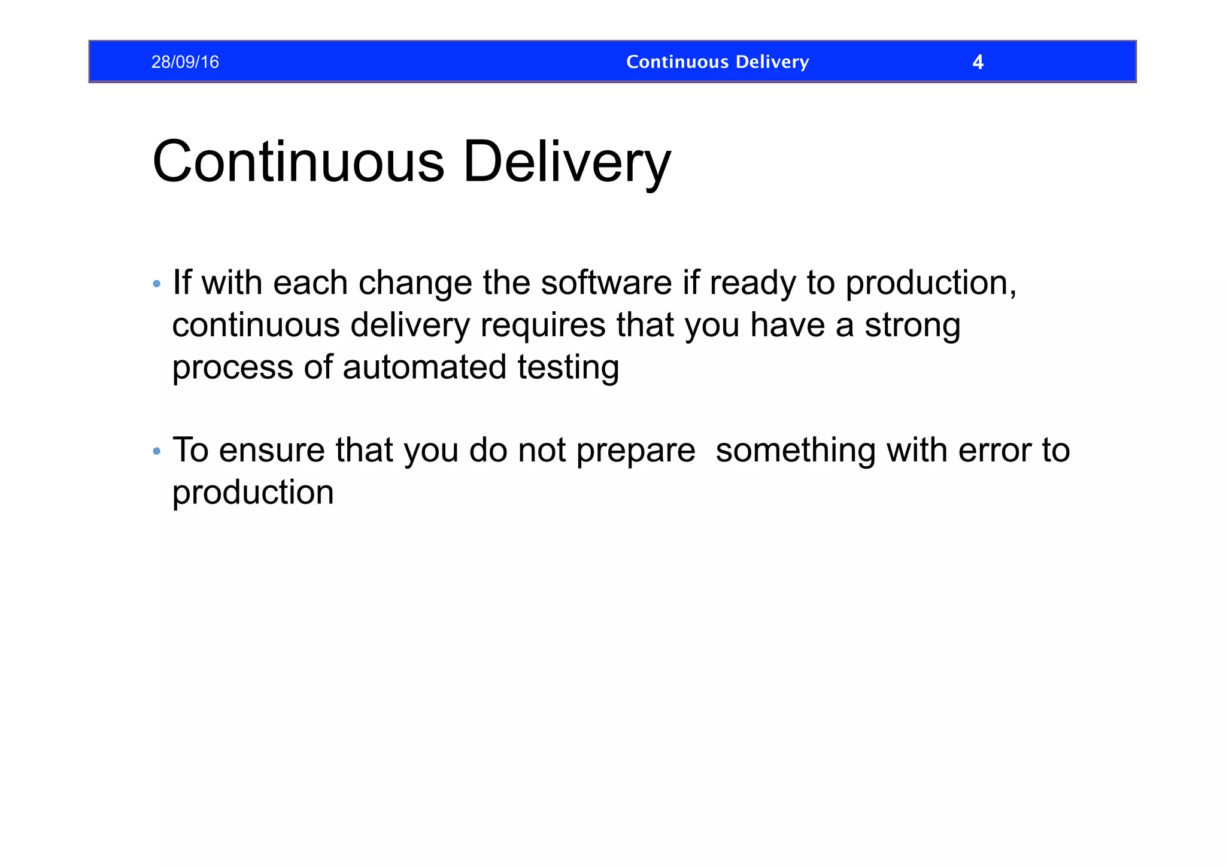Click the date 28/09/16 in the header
tap(185, 62)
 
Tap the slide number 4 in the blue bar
tap(978, 62)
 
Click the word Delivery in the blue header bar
tap(772, 62)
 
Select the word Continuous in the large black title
tap(298, 162)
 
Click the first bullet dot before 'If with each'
tap(157, 284)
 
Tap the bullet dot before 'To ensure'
tap(157, 451)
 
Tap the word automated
tap(424, 367)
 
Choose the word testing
tap(568, 368)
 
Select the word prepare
tap(636, 451)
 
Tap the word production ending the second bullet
tap(253, 493)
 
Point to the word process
tap(232, 368)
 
